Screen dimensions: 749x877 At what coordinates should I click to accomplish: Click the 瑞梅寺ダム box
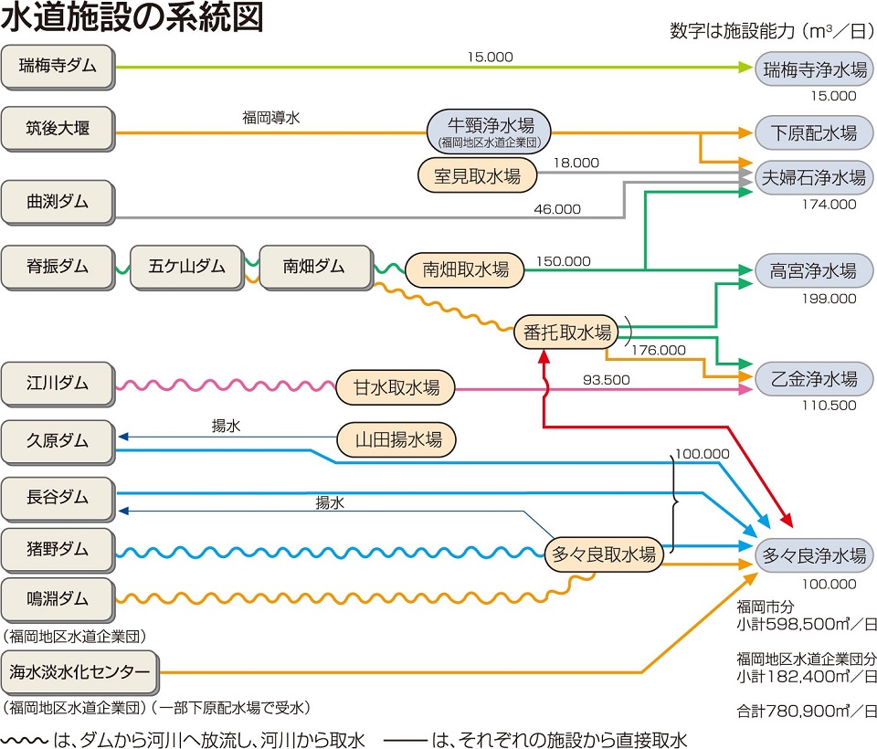58,67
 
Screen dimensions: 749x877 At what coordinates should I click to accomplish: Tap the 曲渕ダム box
58,202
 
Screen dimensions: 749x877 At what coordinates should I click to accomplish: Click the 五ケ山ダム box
186,267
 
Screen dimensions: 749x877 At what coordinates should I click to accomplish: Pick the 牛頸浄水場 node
491,131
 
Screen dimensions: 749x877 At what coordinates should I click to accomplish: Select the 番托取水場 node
567,332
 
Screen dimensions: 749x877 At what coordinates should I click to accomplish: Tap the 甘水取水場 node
396,387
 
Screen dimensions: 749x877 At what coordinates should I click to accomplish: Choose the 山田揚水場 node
396,440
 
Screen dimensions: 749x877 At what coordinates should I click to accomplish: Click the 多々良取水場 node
603,554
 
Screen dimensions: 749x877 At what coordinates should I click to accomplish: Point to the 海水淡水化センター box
79,672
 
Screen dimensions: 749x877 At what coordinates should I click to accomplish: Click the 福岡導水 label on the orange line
270,117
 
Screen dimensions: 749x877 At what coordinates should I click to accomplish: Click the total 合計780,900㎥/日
806,709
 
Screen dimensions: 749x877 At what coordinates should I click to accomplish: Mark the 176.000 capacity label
659,350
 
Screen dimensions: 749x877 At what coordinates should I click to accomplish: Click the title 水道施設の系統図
134,19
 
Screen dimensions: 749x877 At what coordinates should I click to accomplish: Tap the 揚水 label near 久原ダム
225,425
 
